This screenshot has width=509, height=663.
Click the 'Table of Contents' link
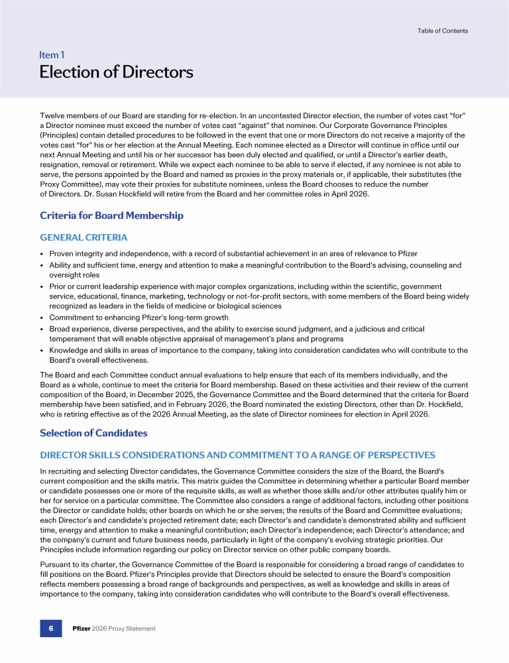coord(442,30)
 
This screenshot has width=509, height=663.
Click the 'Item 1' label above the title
coord(52,56)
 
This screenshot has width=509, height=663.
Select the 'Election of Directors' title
coord(116,72)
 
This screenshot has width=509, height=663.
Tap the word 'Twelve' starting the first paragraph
coord(52,116)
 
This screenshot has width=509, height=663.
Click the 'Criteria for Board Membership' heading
coord(111,215)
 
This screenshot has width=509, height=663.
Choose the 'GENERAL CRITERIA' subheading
coord(84,237)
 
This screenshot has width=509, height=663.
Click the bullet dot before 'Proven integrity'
coord(42,254)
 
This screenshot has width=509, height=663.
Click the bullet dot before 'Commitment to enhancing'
coord(42,318)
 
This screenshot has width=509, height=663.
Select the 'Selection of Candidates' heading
coord(93,433)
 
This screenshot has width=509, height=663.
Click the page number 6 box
coord(52,629)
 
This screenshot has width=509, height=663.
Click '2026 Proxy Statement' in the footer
coord(124,629)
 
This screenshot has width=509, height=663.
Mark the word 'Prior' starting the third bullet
coord(58,286)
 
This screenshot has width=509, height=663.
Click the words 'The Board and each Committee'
coord(89,375)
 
